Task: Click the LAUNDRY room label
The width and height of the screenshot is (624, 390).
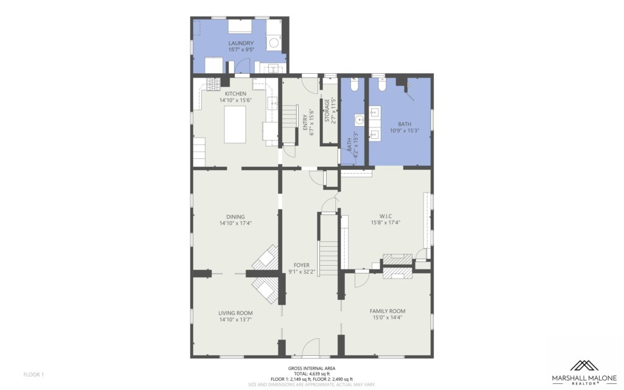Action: tap(241, 43)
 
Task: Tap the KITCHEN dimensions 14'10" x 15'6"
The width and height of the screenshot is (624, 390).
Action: tap(236, 101)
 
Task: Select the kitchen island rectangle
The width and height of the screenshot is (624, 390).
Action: tap(235, 124)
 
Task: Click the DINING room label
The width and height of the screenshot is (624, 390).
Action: tap(235, 217)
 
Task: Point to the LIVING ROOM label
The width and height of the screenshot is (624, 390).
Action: tap(235, 313)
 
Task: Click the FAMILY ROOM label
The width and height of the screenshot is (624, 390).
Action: tap(388, 311)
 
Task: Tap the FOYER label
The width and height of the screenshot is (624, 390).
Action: tap(302, 266)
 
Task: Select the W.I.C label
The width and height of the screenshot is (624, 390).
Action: tap(385, 216)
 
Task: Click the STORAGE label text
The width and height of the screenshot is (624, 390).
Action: tap(327, 111)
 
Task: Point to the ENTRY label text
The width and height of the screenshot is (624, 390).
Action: tap(305, 122)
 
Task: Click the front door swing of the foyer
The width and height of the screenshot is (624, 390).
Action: tap(311, 346)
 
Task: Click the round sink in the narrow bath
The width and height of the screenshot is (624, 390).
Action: tap(360, 119)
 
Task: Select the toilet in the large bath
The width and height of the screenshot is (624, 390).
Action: tap(382, 84)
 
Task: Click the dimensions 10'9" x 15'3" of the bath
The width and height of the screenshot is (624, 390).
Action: tap(405, 130)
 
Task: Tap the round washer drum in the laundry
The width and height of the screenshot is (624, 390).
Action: tap(274, 43)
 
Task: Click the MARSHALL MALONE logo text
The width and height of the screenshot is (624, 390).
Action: tap(584, 378)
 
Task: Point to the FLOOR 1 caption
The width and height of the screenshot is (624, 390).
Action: tap(34, 375)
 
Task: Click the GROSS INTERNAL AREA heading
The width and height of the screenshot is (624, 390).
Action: tap(311, 369)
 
